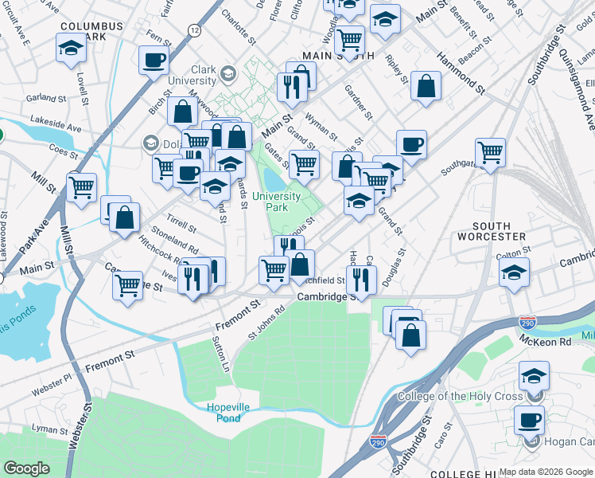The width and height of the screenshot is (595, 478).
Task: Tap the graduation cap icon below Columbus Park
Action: pos(71,49)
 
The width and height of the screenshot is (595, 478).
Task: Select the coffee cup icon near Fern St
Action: pos(153,60)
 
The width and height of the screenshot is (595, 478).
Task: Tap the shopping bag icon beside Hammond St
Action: pos(426,88)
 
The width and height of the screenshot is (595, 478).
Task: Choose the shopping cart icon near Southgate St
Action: pos(490,151)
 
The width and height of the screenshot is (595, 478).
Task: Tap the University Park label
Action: pos(276,202)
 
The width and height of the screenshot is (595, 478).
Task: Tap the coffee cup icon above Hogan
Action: pos(529,420)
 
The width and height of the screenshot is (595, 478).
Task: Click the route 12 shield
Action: pos(194,29)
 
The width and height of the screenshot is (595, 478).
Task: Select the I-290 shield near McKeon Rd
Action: pos(528,321)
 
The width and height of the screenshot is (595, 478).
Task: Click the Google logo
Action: pos(26,468)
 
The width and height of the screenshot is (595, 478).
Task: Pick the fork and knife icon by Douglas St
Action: pos(361,280)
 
